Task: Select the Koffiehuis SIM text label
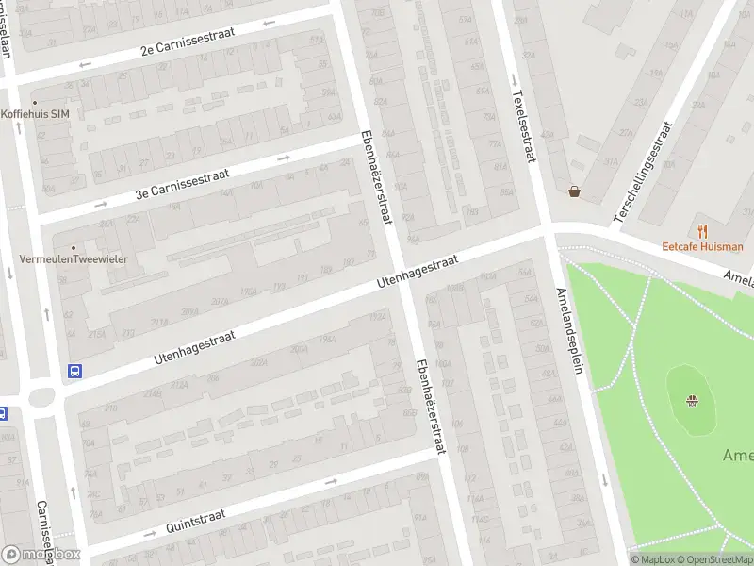35,114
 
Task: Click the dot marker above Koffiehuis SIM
35,102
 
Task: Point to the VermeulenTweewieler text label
74,258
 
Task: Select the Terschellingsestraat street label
645,173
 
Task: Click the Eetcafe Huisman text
702,247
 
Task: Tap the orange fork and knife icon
702,230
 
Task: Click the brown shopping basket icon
574,191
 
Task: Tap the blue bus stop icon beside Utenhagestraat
74,371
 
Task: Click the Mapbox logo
41,554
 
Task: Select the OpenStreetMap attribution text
713,559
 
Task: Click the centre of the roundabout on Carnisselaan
41,397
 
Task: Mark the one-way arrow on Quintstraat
331,481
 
